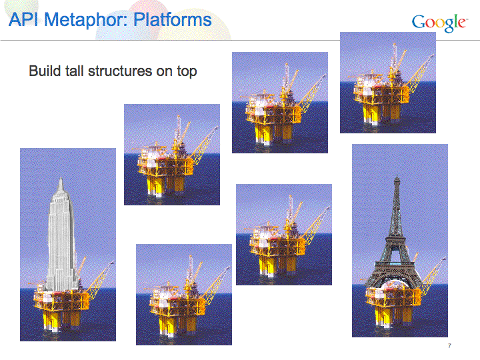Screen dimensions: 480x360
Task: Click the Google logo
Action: [439, 23]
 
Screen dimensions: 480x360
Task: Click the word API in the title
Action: [23, 20]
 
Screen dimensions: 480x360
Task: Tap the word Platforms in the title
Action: [173, 20]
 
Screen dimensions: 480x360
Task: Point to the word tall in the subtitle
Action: [74, 71]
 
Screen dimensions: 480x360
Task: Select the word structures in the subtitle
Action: [120, 71]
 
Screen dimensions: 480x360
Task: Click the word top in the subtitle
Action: [187, 72]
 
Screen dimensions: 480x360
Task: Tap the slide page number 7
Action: [449, 346]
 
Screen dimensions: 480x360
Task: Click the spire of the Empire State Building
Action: [61, 184]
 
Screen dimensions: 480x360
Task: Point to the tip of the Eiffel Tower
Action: [397, 176]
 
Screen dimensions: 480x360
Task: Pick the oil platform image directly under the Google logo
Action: [388, 83]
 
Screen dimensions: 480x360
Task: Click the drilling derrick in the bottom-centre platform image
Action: [191, 269]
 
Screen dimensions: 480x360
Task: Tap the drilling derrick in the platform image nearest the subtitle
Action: [178, 129]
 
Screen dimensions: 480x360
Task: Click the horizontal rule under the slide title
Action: [240, 40]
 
